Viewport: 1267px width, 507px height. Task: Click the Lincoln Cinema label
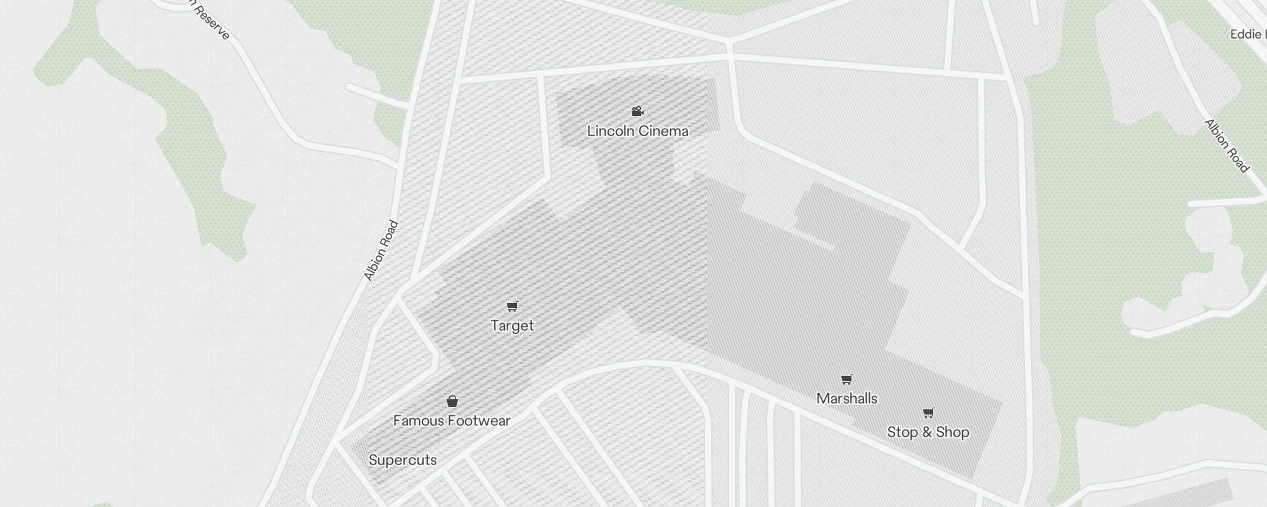click(x=637, y=131)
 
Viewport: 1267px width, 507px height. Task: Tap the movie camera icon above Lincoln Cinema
click(x=637, y=112)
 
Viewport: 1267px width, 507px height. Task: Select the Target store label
click(x=513, y=326)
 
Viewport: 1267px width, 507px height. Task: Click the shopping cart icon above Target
click(x=513, y=307)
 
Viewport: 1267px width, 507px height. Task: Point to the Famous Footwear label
click(x=452, y=421)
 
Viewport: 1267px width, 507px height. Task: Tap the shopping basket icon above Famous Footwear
click(x=452, y=401)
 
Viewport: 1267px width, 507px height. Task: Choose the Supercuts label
click(x=403, y=460)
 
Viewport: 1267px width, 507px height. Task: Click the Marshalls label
click(x=847, y=399)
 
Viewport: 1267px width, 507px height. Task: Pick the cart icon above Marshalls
click(x=847, y=380)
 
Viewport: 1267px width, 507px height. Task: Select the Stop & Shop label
click(x=928, y=432)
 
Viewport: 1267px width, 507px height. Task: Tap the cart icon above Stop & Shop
click(x=928, y=413)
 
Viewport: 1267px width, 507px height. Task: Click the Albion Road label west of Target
click(x=381, y=250)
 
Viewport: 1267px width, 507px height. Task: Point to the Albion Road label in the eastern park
click(x=1226, y=145)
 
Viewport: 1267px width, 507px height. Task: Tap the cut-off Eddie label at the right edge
click(x=1247, y=34)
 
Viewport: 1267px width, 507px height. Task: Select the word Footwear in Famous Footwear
click(x=479, y=421)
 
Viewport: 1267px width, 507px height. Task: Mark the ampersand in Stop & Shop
click(x=928, y=432)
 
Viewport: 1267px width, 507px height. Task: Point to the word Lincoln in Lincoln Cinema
click(x=610, y=131)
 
